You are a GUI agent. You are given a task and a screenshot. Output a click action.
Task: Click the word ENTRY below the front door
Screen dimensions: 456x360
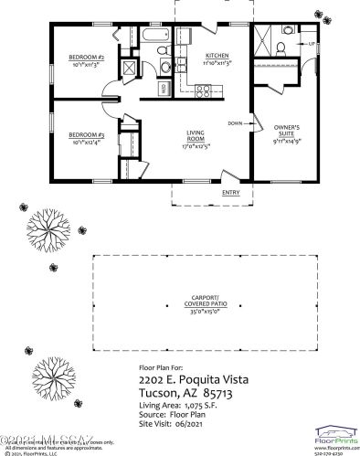231,192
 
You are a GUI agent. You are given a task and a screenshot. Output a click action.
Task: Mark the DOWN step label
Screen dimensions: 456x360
236,122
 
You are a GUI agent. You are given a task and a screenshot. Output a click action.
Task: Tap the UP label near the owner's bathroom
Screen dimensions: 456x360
312,44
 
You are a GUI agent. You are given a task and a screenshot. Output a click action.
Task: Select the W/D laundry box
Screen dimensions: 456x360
164,89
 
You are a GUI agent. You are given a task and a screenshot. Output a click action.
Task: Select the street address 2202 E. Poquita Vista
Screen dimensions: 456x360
193,377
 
